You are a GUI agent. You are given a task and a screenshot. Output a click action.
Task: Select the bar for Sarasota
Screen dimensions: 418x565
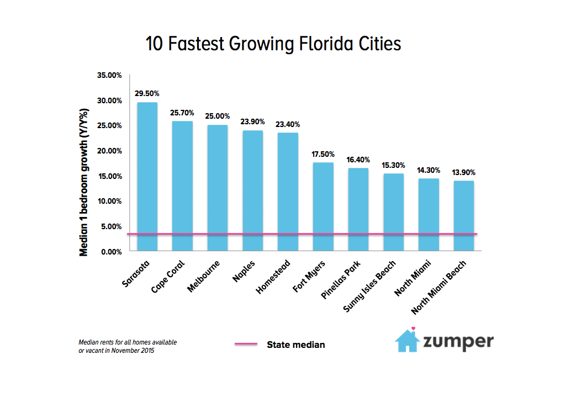coord(147,177)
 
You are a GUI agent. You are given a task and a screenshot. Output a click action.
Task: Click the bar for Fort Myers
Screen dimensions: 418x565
coord(323,207)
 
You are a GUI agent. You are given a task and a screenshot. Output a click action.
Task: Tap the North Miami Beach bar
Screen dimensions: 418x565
coord(463,216)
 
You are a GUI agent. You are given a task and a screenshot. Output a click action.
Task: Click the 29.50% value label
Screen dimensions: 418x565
coord(147,94)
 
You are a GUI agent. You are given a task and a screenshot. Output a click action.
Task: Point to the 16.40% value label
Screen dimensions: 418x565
coord(358,160)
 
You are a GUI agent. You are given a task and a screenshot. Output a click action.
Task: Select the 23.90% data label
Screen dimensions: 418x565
coord(252,122)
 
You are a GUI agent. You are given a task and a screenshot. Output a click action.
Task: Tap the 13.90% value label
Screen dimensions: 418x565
coord(463,172)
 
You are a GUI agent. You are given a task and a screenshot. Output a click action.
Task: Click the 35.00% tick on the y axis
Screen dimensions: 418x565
coord(109,75)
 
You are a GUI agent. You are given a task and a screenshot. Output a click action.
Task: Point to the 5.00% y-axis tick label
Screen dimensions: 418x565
coord(110,226)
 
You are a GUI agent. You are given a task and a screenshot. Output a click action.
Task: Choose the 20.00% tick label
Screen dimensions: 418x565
coord(109,151)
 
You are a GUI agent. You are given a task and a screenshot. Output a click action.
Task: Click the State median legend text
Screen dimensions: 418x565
coord(295,345)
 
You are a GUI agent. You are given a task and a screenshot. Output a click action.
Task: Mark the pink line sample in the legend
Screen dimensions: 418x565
coord(246,344)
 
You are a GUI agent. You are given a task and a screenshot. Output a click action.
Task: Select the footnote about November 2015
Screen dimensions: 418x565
coord(128,347)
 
